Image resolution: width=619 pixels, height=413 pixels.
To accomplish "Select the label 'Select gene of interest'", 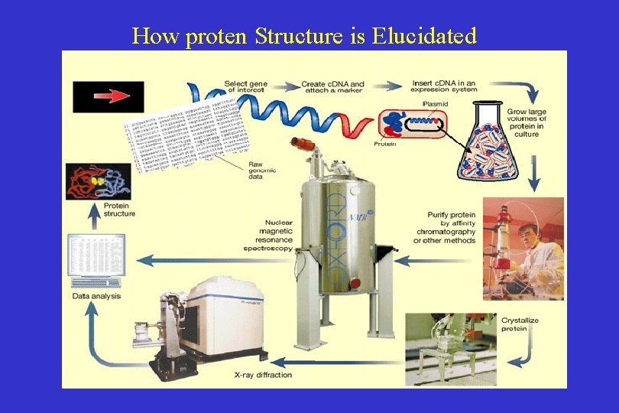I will click(245, 86).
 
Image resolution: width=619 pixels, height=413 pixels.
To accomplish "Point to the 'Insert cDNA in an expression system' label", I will click(443, 86).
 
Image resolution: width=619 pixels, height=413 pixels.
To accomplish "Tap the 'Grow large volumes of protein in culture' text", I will click(527, 122).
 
